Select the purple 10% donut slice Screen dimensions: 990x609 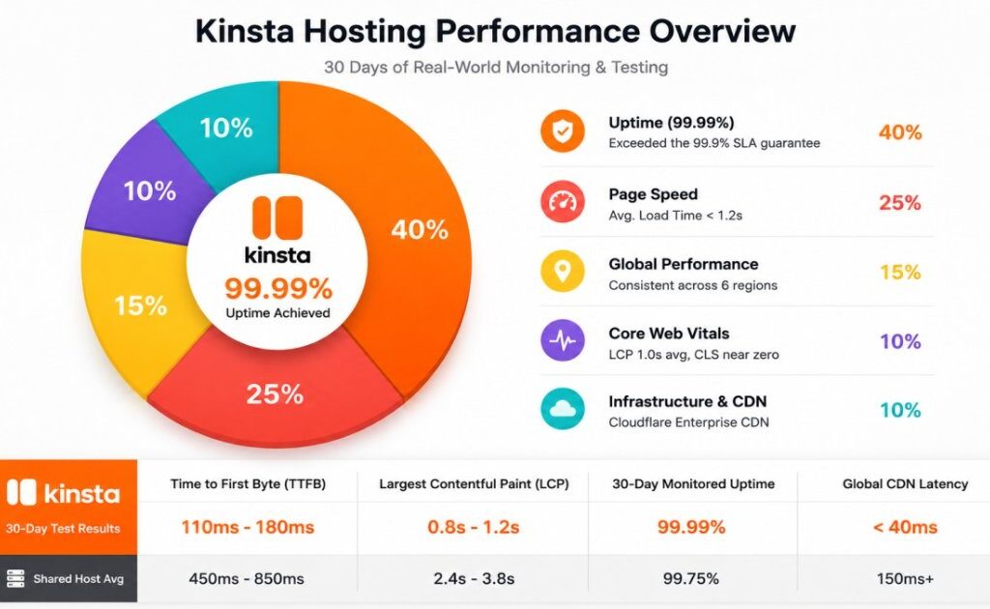(147, 189)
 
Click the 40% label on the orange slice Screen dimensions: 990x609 (420, 230)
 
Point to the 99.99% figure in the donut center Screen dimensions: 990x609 (278, 289)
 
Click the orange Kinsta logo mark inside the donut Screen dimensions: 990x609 (277, 217)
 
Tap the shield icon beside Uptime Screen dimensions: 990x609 (562, 131)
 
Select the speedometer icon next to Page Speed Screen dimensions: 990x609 (562, 202)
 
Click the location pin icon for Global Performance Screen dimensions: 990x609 (562, 272)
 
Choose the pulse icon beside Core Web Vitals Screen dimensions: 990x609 (562, 341)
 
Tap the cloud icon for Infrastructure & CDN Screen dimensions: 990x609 (562, 409)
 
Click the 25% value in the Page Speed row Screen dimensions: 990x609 (900, 203)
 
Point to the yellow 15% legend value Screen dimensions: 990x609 (900, 272)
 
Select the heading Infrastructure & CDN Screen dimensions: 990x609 (687, 401)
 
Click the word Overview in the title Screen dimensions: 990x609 (723, 31)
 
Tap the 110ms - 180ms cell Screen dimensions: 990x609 (247, 527)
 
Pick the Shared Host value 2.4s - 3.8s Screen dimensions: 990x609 (474, 578)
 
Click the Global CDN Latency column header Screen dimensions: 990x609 (905, 484)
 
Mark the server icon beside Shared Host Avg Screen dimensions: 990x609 (15, 578)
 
